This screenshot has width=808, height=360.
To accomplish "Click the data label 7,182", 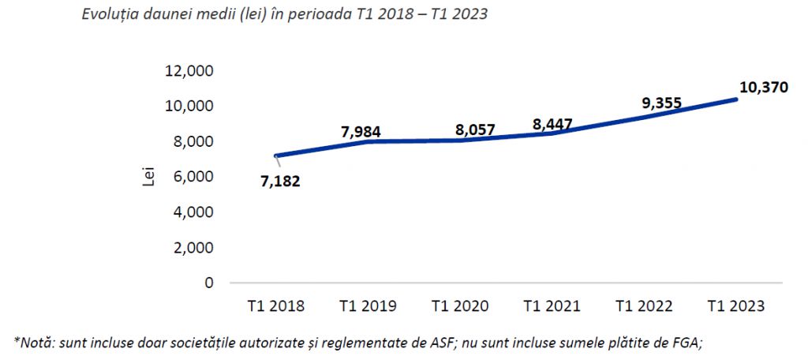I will (x=280, y=181).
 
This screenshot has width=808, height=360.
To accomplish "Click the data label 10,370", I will (x=764, y=88).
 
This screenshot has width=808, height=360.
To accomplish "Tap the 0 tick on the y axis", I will (x=208, y=283).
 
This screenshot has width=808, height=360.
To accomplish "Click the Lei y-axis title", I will (x=144, y=177).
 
